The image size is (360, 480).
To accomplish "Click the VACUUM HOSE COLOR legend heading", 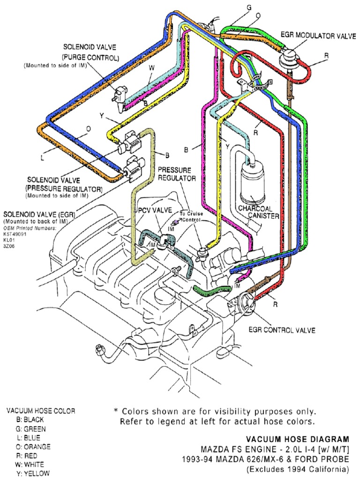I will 40,411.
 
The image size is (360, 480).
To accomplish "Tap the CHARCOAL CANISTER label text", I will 258,211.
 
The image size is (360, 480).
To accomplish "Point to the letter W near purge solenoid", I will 151,68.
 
